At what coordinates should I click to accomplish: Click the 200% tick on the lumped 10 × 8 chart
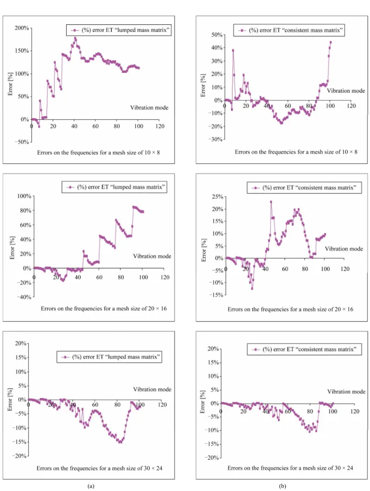tap(22, 28)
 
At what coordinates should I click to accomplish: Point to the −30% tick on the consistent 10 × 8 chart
tap(215, 140)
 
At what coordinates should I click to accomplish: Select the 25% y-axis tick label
tap(217, 197)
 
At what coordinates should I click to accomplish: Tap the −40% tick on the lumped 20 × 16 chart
tap(24, 297)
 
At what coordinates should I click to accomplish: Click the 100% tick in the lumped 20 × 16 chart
tap(24, 196)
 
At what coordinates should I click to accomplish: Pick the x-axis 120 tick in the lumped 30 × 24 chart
tap(162, 405)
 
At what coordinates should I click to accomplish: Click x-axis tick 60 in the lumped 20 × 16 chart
tap(99, 277)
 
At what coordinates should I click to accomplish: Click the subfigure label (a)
tap(91, 486)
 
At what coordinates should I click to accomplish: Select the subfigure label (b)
tap(283, 486)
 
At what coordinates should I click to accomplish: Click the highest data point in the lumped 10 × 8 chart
tap(75, 38)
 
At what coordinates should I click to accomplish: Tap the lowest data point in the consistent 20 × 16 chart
tap(252, 288)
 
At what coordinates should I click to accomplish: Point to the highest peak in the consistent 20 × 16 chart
tap(271, 202)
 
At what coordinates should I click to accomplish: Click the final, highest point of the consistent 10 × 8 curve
tap(331, 42)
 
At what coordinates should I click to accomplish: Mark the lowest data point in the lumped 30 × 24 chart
tap(120, 442)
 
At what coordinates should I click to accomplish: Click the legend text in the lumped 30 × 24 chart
tap(116, 356)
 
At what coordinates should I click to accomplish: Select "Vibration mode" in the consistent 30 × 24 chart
tap(346, 391)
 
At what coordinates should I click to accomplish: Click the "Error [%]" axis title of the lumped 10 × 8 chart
tap(10, 83)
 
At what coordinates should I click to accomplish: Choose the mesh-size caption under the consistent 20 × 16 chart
tap(290, 309)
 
